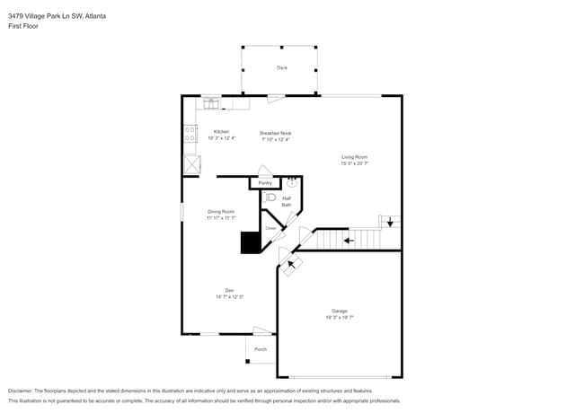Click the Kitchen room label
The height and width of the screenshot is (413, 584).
click(221, 131)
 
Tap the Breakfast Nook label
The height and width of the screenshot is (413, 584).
click(276, 133)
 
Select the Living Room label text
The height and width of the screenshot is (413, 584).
click(355, 156)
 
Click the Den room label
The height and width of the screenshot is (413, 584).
click(230, 289)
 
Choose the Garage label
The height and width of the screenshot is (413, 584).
click(339, 311)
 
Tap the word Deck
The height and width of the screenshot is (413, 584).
click(281, 67)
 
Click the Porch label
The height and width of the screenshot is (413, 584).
click(261, 349)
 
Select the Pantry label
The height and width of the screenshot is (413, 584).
click(265, 183)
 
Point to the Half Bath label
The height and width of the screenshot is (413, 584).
click(287, 201)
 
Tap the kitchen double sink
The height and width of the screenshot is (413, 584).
click(211, 103)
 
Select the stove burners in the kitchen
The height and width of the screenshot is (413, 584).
click(190, 134)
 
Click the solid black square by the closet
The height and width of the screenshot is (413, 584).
click(249, 243)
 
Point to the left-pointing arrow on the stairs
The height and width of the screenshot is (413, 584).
click(350, 239)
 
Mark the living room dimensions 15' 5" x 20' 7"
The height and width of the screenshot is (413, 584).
click(355, 163)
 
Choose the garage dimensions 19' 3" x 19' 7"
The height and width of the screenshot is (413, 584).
click(339, 318)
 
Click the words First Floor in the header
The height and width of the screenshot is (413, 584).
click(23, 26)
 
